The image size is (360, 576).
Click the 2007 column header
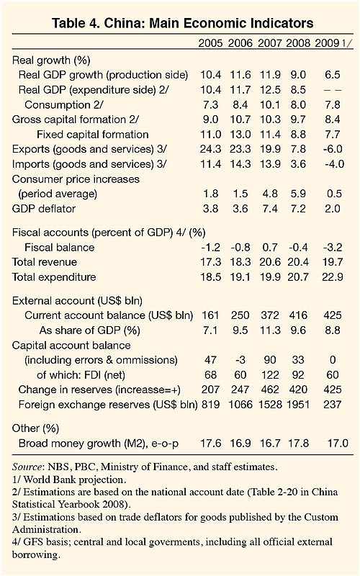(269, 43)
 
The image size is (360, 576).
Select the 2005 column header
(210, 43)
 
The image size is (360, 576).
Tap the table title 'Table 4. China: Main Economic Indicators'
(183, 23)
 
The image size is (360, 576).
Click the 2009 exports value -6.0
(333, 149)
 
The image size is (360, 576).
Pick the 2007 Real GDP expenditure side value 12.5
(270, 89)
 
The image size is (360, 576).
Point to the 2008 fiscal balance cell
(298, 247)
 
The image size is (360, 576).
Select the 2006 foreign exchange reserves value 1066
(240, 405)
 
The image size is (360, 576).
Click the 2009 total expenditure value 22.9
(333, 277)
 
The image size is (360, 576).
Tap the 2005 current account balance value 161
(210, 315)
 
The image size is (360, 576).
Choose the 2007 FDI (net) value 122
(270, 374)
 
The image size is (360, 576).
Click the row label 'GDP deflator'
(44, 209)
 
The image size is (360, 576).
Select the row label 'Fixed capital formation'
(93, 135)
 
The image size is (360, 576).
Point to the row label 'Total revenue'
(45, 262)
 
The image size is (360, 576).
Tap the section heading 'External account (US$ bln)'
(77, 301)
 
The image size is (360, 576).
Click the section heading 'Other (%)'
(35, 428)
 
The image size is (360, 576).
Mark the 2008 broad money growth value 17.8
(298, 443)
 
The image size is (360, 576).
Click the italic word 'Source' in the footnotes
(27, 467)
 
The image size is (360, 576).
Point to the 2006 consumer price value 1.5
(240, 194)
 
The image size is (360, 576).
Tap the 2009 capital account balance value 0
(333, 359)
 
